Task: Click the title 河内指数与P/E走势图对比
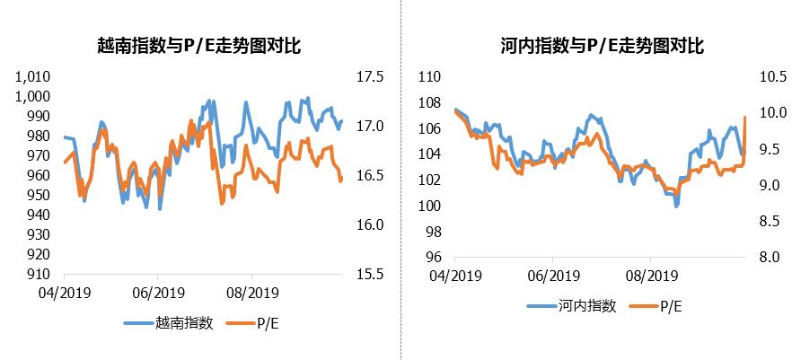click(603, 44)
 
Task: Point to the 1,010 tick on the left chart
click(34, 77)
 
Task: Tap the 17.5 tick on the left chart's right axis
click(370, 77)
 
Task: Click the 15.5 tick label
click(370, 275)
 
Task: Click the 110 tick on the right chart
click(431, 77)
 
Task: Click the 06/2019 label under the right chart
click(552, 275)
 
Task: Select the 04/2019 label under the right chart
click(454, 275)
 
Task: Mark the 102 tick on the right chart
click(431, 180)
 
